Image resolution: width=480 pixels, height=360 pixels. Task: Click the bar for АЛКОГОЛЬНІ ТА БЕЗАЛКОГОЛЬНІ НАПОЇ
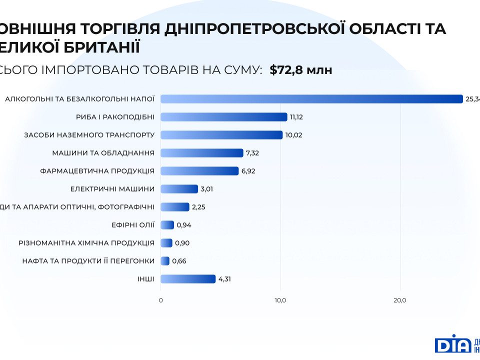point(311,99)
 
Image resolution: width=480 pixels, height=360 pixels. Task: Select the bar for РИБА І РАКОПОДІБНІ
point(224,117)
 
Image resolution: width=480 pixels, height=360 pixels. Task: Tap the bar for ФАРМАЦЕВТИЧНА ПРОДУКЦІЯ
point(199,171)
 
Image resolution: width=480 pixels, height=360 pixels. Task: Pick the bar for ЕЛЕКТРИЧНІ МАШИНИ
point(179,189)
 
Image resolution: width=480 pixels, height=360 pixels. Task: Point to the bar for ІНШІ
point(188,279)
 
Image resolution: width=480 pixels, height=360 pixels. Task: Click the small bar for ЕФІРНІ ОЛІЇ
point(167,225)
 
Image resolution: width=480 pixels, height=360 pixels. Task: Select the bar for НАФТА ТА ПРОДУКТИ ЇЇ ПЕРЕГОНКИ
point(165,261)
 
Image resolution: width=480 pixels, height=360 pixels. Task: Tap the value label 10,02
point(294,135)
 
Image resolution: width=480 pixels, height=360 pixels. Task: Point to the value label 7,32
point(252,153)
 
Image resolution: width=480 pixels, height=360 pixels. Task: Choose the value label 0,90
point(182,243)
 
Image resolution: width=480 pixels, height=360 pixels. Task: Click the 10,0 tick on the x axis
point(280,300)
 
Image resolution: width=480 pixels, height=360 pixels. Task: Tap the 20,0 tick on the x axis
point(400,300)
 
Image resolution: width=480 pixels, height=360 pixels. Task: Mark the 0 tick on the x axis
point(160,300)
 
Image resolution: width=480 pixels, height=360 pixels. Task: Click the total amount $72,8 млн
point(300,70)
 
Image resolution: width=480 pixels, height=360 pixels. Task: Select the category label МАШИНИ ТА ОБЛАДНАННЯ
point(103,153)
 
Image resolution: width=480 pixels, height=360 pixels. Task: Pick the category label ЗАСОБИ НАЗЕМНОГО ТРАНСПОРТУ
point(89,135)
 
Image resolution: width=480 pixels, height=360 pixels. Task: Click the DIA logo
point(452,344)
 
